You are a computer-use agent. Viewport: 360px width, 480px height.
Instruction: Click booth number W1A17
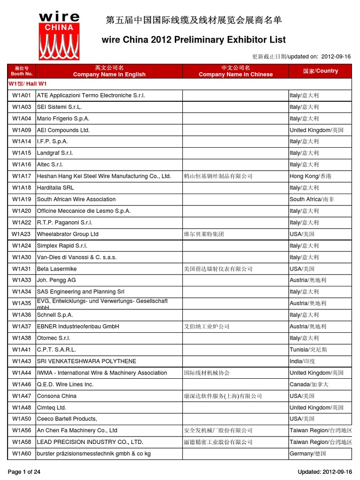22,176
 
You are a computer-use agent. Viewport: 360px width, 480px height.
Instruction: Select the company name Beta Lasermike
57,269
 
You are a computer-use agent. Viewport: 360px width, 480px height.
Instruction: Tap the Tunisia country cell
308,350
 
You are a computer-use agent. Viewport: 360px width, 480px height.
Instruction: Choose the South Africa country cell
312,199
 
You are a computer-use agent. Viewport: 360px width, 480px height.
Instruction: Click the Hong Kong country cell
310,176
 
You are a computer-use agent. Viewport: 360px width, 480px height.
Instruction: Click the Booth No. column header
22,71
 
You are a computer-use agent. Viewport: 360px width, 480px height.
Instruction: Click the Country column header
320,71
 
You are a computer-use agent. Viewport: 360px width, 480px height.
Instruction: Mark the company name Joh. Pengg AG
56,280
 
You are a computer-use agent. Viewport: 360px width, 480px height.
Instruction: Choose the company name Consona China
57,396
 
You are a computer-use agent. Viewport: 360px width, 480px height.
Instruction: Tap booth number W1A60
22,454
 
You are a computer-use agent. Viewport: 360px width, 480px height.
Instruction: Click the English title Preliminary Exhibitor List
194,40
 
